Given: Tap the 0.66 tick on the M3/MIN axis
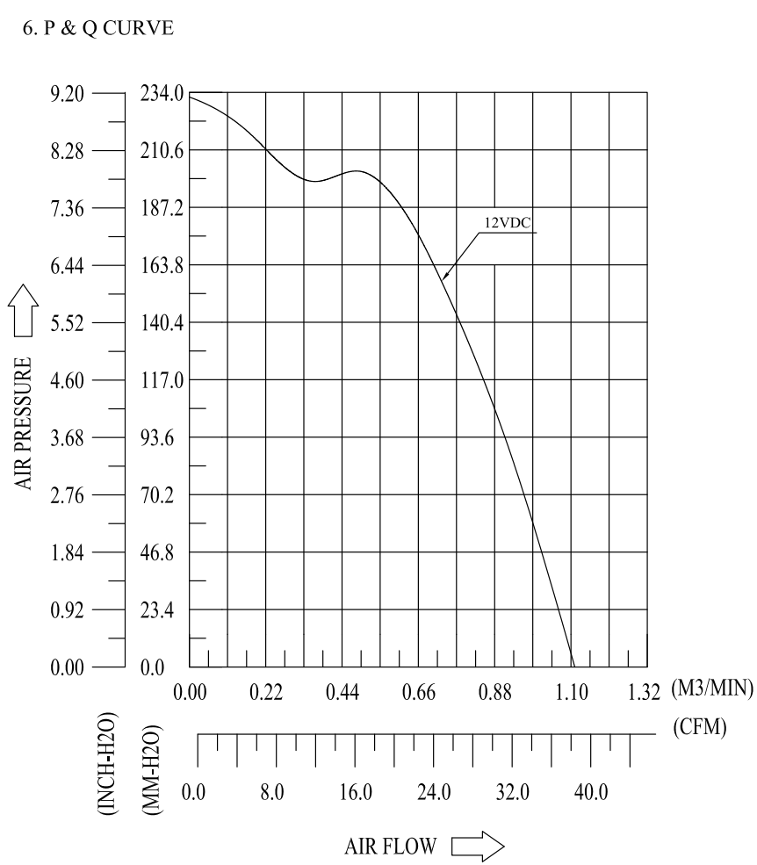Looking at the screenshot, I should click(x=419, y=693).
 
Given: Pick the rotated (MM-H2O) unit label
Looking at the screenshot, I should click(x=150, y=769).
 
